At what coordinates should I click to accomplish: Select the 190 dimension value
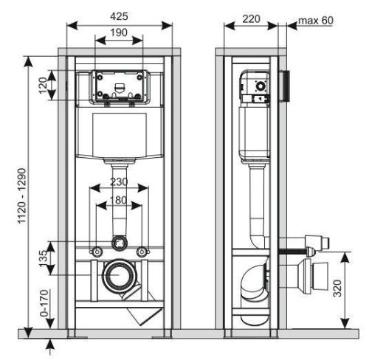(x=119, y=32)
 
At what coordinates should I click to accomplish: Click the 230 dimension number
(x=119, y=182)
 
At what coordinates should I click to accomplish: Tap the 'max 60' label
(x=315, y=20)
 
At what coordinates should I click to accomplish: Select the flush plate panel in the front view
(x=119, y=85)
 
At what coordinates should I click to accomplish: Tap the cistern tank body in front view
(x=119, y=135)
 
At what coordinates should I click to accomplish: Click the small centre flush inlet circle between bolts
(x=119, y=242)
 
